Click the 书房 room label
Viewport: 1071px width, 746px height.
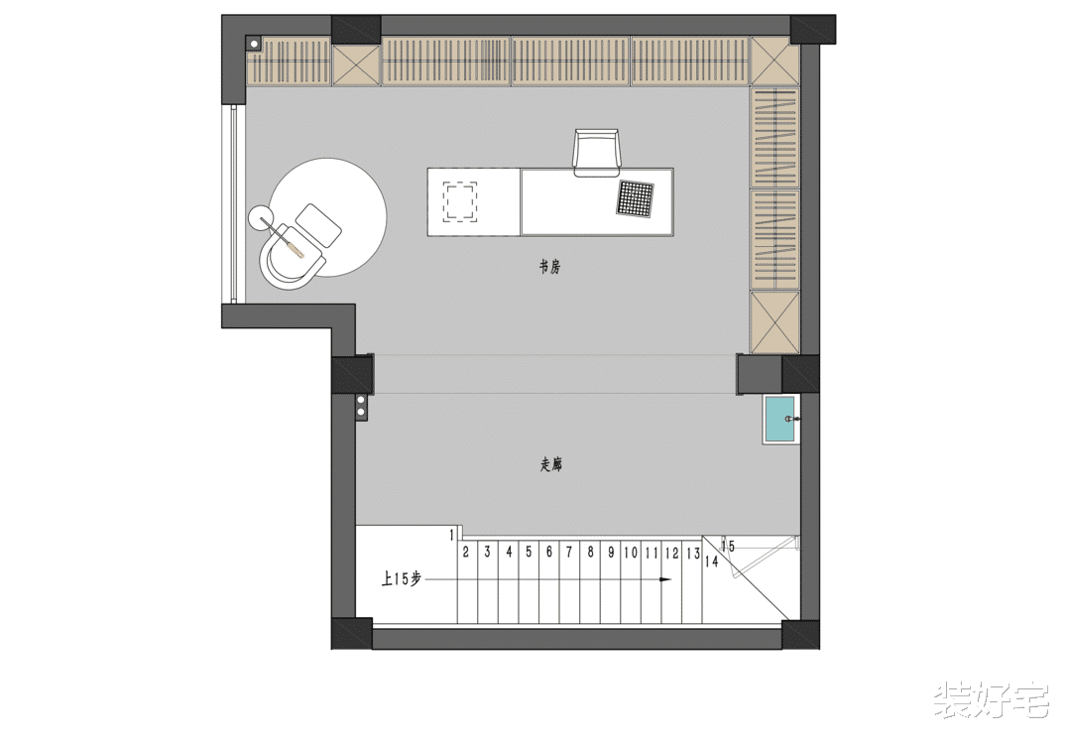[549, 267]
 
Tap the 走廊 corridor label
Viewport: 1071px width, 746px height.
[551, 466]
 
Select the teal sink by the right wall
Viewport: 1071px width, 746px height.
[780, 420]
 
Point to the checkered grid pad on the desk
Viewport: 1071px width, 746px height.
[636, 199]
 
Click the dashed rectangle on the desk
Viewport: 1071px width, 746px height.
[460, 200]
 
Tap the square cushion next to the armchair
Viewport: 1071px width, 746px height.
[319, 225]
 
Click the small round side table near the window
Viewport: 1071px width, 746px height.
[260, 217]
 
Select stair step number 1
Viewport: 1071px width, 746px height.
[451, 535]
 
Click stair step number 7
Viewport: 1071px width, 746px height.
[569, 552]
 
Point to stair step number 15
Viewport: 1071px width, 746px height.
[728, 547]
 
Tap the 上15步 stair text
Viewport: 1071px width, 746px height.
[402, 579]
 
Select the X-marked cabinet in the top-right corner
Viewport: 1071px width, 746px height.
[773, 60]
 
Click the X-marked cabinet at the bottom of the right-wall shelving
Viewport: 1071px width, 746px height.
[774, 322]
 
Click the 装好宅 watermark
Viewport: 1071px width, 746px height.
[991, 699]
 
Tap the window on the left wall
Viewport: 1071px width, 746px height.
[234, 204]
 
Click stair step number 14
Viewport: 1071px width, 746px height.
[712, 561]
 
